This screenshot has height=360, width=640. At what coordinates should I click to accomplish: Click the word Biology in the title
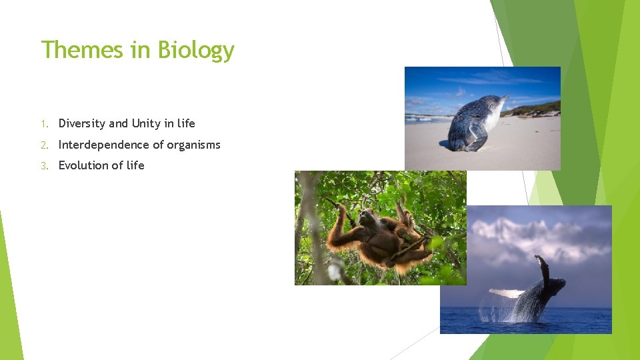[196, 51]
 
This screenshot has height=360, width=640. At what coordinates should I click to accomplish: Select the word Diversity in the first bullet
[82, 123]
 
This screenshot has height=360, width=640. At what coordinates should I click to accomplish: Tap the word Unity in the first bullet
[146, 123]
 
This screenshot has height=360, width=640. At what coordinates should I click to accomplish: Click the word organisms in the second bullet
[193, 145]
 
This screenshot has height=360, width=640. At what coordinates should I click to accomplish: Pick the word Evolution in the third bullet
[83, 165]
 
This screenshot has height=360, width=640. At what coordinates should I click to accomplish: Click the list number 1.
[43, 124]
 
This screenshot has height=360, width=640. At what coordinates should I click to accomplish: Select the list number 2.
[43, 145]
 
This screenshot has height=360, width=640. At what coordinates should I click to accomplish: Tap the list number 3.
[43, 166]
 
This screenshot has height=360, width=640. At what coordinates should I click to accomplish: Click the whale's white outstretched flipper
[507, 292]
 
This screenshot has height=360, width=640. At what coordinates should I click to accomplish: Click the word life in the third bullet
[135, 165]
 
